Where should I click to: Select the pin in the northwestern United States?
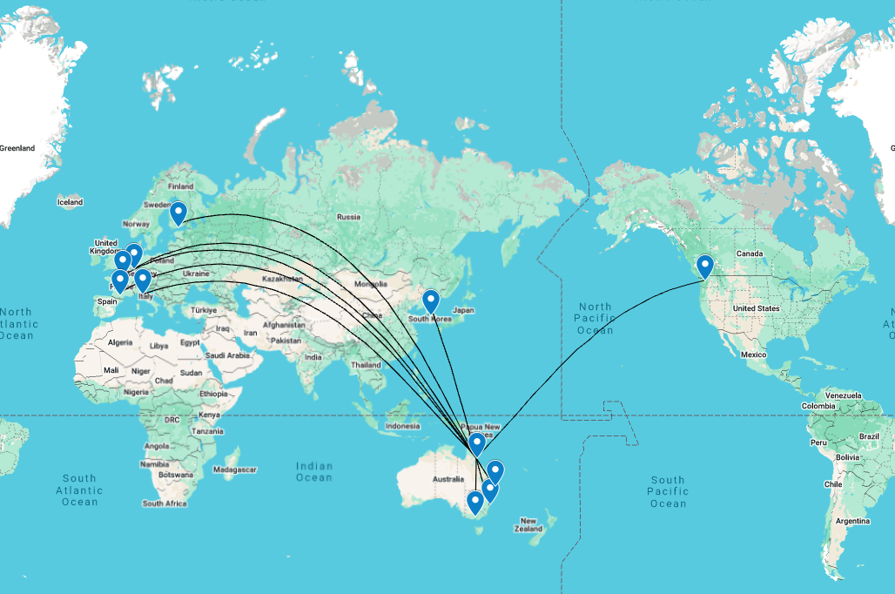coord(705,266)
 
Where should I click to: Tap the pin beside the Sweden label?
coord(178,213)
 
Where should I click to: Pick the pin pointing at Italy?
coord(142,280)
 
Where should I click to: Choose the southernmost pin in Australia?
coord(474,503)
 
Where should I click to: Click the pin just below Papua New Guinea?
coord(477,445)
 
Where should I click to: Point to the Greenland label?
coord(17,148)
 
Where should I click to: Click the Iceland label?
coord(70,202)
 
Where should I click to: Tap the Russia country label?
coord(348,217)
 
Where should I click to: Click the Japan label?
coord(463,310)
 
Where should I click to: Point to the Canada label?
coord(750,253)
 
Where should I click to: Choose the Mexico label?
coord(753,354)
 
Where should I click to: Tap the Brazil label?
coord(870,435)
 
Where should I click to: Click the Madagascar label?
coord(236,469)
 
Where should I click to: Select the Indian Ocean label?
coord(314,470)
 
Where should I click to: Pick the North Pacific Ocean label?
coord(596,318)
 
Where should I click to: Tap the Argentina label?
coord(854,521)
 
